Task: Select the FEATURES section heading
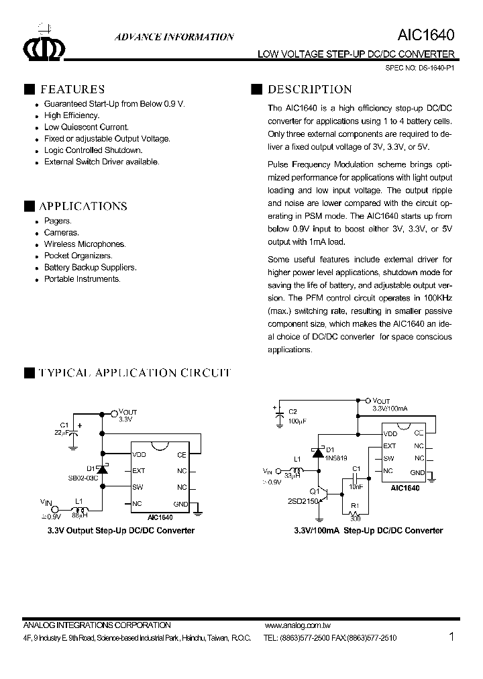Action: pyautogui.click(x=72, y=89)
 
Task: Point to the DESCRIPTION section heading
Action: pyautogui.click(x=309, y=89)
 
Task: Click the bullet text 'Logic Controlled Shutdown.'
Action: pyautogui.click(x=93, y=150)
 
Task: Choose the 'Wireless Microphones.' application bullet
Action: pyautogui.click(x=85, y=244)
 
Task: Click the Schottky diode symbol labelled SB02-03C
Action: pyautogui.click(x=102, y=470)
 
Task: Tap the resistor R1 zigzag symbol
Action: pyautogui.click(x=355, y=512)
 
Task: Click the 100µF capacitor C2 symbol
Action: pyautogui.click(x=279, y=419)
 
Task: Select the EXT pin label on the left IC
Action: pyautogui.click(x=139, y=470)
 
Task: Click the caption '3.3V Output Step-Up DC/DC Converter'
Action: pyautogui.click(x=121, y=530)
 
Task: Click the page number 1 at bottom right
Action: pyautogui.click(x=451, y=636)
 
